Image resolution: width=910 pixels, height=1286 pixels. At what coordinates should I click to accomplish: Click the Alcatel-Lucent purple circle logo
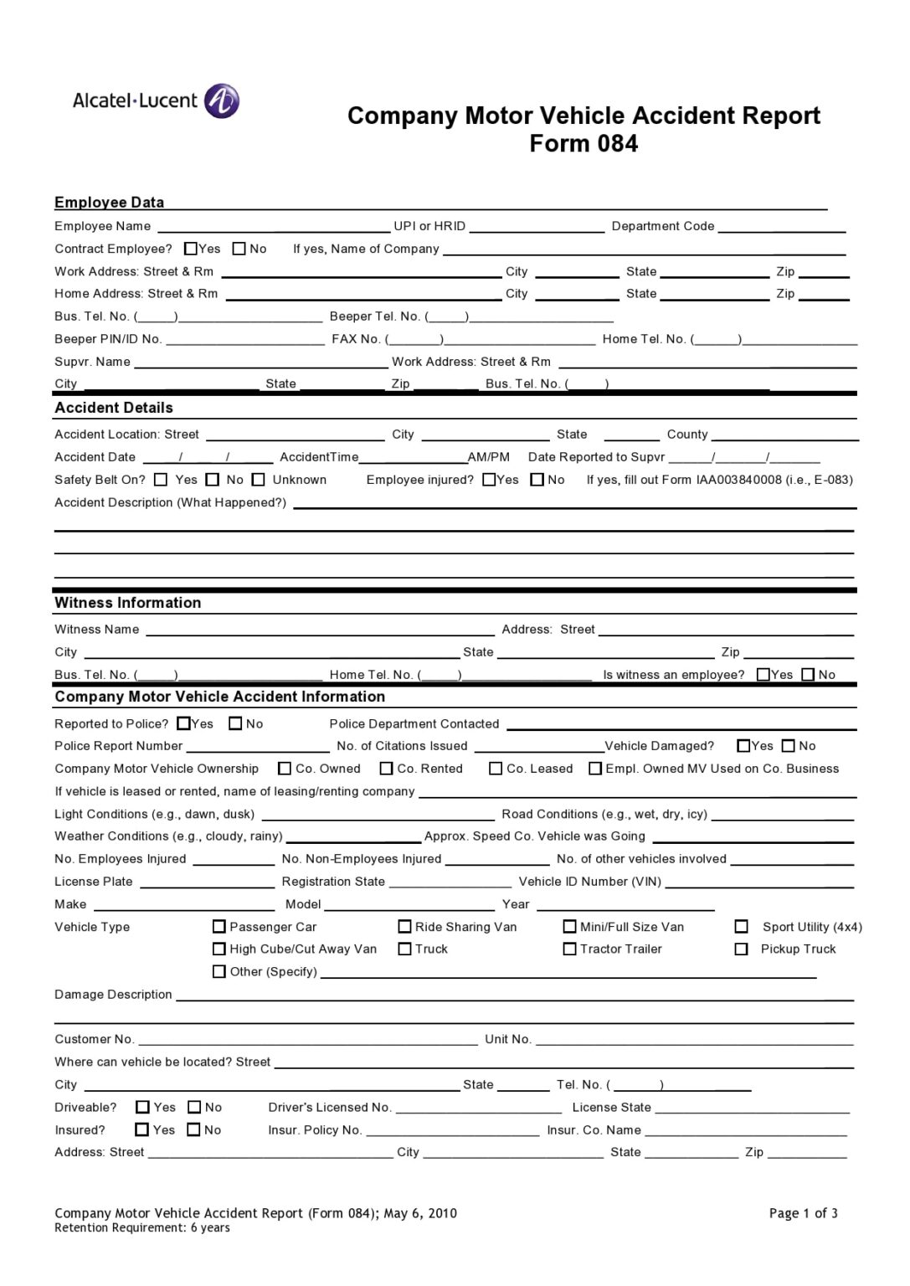[x=222, y=101]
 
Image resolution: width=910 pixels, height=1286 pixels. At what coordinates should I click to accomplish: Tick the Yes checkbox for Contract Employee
[x=191, y=249]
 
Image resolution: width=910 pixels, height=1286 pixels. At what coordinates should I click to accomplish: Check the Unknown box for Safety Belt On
[x=259, y=480]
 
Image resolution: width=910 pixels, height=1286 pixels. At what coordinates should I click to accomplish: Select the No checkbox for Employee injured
[x=537, y=480]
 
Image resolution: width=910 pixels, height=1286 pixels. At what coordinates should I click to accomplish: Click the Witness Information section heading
[x=128, y=603]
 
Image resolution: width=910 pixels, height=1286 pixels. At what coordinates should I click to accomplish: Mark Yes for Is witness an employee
[x=763, y=675]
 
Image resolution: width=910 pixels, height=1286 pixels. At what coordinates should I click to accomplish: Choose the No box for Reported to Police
[x=236, y=723]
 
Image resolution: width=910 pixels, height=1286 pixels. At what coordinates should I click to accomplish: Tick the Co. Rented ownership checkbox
[x=387, y=769]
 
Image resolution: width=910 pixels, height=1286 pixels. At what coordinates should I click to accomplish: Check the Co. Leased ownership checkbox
[x=496, y=769]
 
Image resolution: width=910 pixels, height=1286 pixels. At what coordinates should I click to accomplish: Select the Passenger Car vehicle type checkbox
[x=219, y=927]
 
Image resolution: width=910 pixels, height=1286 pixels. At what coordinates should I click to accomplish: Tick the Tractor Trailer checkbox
[x=570, y=949]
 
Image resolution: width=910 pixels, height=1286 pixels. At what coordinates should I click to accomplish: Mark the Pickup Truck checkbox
[x=741, y=949]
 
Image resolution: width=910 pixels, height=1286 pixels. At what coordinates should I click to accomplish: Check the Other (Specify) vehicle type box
[x=219, y=972]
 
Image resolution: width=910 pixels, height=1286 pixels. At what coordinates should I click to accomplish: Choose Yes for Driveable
[x=143, y=1108]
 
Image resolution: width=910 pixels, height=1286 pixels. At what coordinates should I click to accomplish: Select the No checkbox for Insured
[x=194, y=1130]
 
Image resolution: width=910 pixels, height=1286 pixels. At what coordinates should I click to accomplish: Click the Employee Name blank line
[x=273, y=228]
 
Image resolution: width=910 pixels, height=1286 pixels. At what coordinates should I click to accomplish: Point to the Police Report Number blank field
[x=258, y=747]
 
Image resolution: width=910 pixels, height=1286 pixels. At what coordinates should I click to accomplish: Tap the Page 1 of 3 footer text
[x=803, y=1213]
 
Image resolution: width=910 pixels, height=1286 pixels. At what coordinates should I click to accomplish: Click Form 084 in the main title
[x=584, y=144]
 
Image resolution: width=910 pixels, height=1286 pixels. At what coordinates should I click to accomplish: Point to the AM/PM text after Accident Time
[x=489, y=457]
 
